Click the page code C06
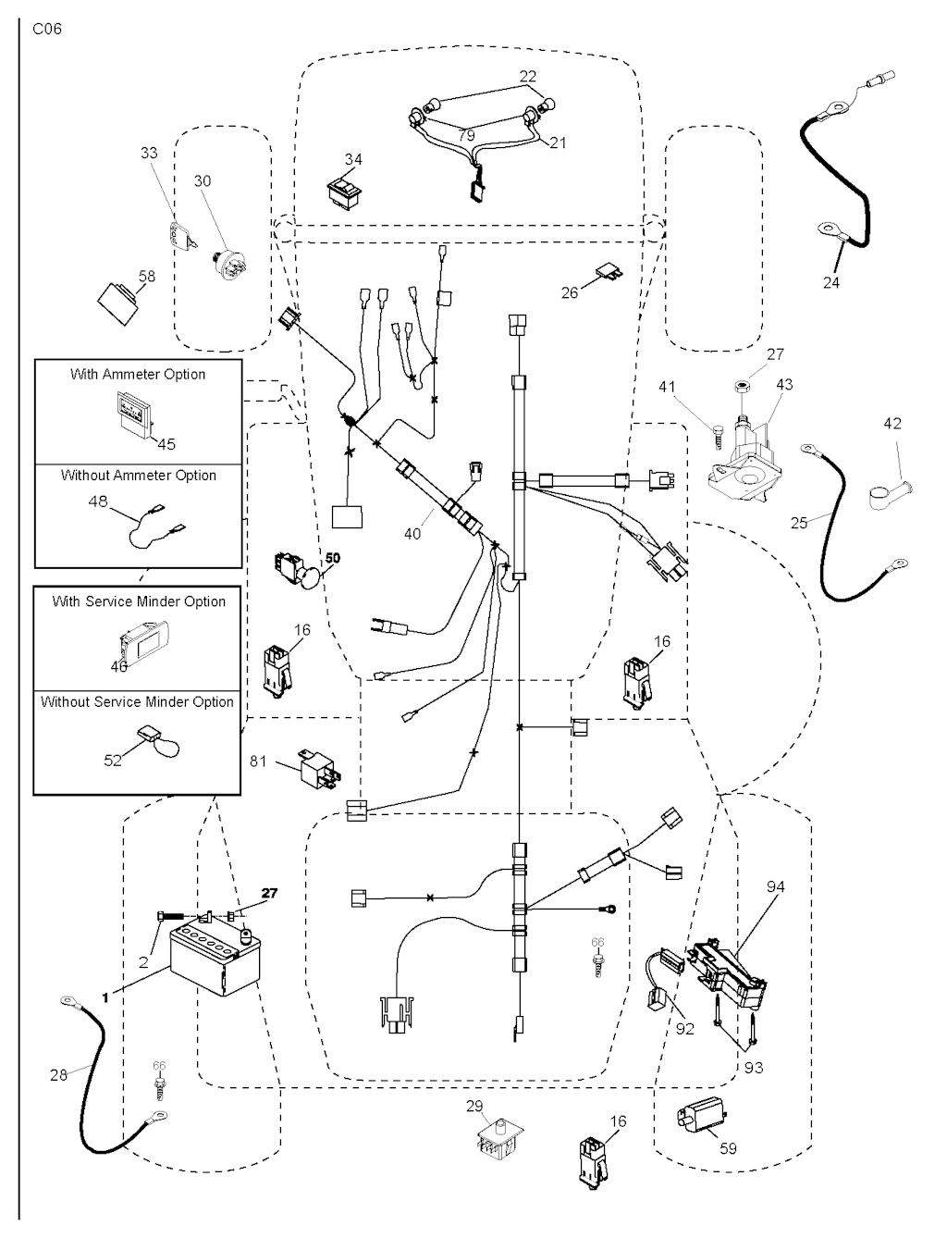[x=47, y=29]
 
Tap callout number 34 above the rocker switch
[x=353, y=160]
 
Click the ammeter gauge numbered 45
[x=134, y=413]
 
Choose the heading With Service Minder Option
[x=139, y=601]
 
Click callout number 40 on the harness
[x=412, y=534]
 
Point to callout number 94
[x=775, y=887]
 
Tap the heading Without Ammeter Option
[x=139, y=476]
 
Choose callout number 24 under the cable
[x=831, y=282]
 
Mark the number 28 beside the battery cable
[x=58, y=1075]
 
